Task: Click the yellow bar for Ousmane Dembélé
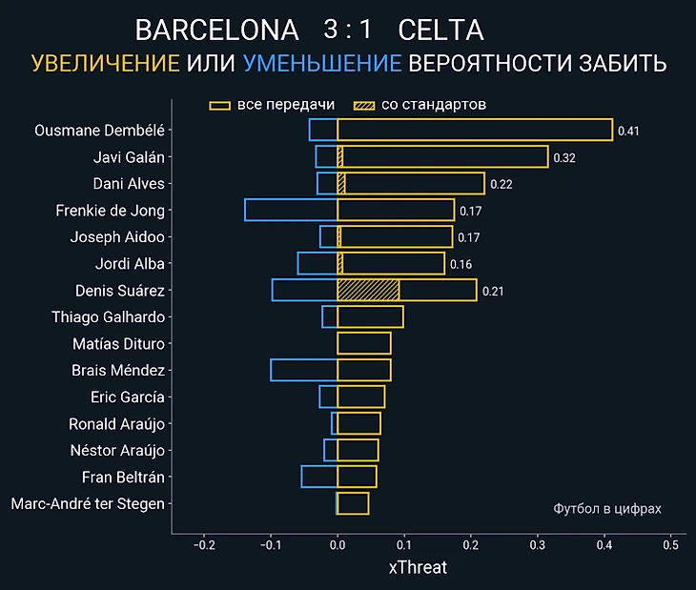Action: pyautogui.click(x=475, y=130)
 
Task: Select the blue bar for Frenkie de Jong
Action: pyautogui.click(x=291, y=210)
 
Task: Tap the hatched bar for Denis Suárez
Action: pyautogui.click(x=368, y=290)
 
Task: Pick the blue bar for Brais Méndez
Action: pyautogui.click(x=303, y=370)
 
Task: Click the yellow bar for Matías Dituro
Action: pyautogui.click(x=364, y=343)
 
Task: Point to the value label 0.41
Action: pyautogui.click(x=628, y=131)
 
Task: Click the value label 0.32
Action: pyautogui.click(x=563, y=157)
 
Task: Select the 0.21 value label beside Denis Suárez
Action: pyautogui.click(x=493, y=291)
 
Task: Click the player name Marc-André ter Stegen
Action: pyautogui.click(x=88, y=503)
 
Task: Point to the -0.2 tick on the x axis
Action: pyautogui.click(x=204, y=545)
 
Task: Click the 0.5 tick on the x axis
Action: pyautogui.click(x=670, y=545)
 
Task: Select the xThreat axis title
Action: pyautogui.click(x=418, y=567)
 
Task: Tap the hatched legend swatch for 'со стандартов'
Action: pyautogui.click(x=363, y=105)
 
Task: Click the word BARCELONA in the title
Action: pyautogui.click(x=216, y=31)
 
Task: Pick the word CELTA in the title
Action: pyautogui.click(x=440, y=31)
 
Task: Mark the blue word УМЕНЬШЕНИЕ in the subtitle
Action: pyautogui.click(x=322, y=64)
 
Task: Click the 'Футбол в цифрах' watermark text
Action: pyautogui.click(x=607, y=509)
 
